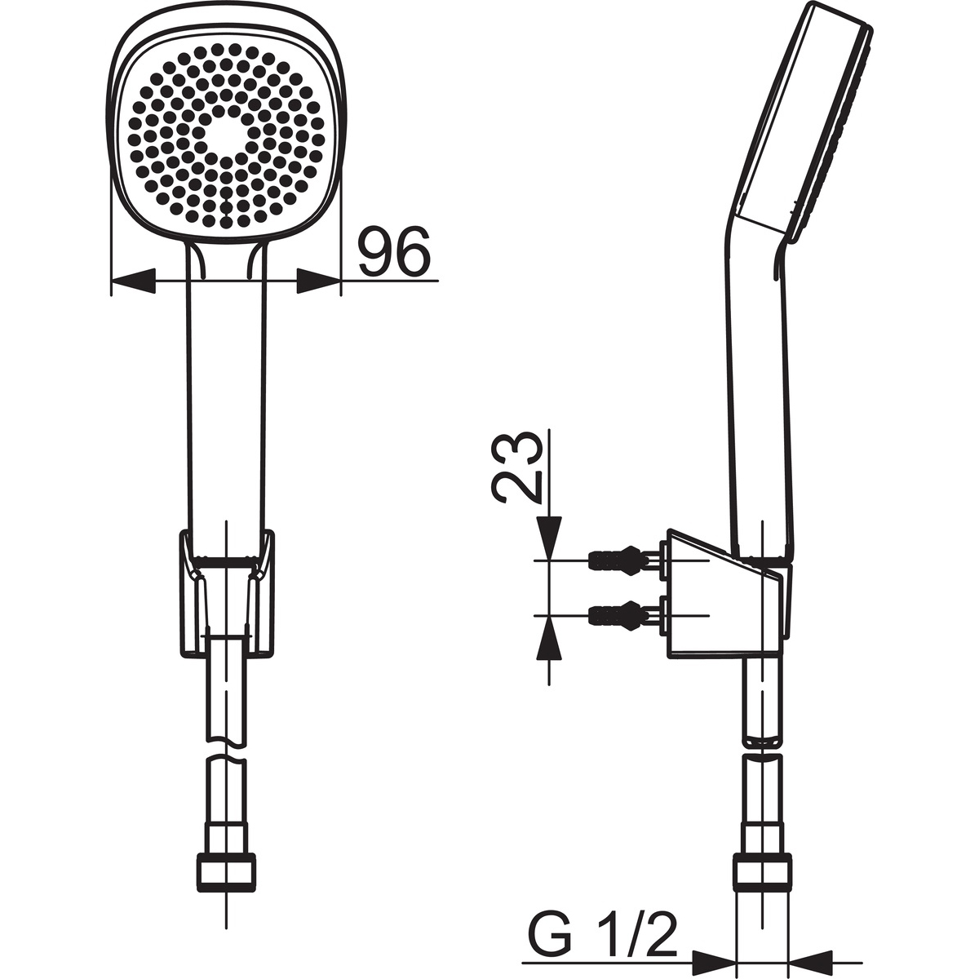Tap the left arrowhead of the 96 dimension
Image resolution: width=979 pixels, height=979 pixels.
(132, 281)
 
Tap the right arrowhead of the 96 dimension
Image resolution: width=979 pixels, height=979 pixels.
(318, 281)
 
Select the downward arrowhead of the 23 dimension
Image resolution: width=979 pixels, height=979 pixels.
(549, 538)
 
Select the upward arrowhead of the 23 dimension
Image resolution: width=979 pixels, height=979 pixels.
(549, 636)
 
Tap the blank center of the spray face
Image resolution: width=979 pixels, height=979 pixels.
(224, 133)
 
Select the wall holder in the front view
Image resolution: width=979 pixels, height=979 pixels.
(226, 591)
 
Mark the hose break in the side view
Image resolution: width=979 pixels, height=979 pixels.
(763, 749)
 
